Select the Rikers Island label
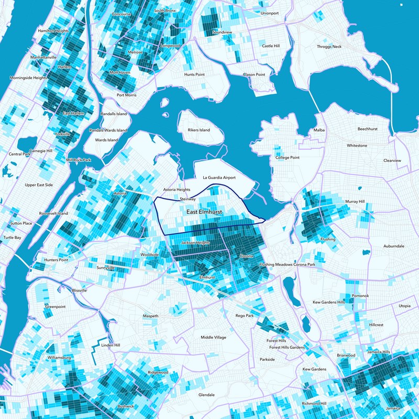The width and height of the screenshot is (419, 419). point(199,130)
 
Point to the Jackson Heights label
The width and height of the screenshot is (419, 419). point(195,244)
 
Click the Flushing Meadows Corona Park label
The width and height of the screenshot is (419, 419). point(287,265)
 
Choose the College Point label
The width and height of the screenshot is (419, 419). point(287,158)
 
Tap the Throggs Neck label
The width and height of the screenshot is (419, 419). point(329,47)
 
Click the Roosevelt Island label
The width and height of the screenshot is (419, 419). point(53,214)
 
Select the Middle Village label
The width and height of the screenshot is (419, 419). point(214,337)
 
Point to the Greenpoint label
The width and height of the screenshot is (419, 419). point(54,306)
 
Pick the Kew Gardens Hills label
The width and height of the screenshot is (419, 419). point(328,303)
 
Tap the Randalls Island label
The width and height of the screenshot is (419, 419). point(114,114)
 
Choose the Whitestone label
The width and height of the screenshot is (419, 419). point(357,145)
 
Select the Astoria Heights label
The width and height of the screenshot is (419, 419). point(175,190)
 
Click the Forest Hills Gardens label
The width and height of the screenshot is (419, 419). point(286,348)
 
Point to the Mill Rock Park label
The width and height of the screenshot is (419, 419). point(79,160)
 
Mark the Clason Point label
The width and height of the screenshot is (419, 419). point(254,75)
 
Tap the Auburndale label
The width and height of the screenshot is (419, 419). point(393,246)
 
